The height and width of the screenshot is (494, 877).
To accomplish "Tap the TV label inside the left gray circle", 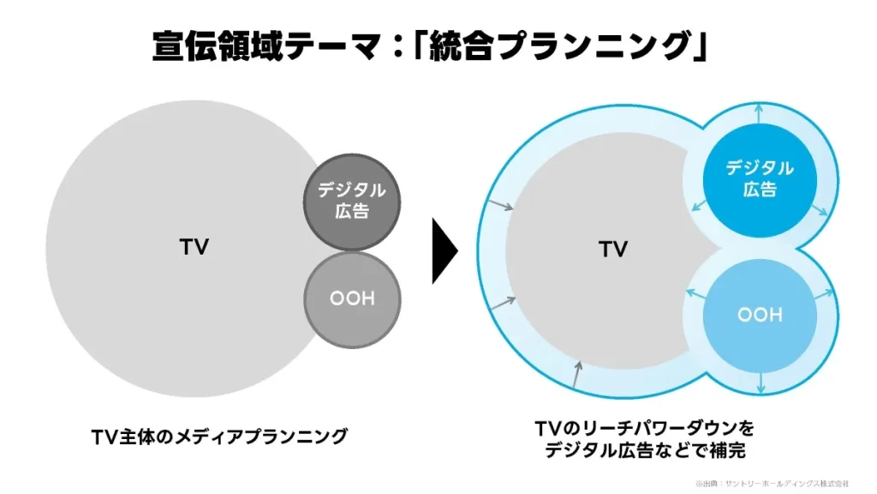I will [x=194, y=247].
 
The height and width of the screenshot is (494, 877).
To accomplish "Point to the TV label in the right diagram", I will [x=613, y=250].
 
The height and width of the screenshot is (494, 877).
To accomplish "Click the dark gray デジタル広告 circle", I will [x=351, y=202].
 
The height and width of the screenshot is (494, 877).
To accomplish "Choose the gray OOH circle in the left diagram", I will [x=352, y=298].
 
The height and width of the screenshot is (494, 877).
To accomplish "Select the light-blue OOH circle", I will [x=759, y=315].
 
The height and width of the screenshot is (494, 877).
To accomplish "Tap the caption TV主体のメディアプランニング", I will [x=219, y=437].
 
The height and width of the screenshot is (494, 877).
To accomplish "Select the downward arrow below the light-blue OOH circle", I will [x=761, y=383].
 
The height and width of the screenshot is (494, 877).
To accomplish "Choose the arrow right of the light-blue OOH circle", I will [x=824, y=292].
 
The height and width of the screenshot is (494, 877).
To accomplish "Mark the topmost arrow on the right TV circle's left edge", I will [x=498, y=205].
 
